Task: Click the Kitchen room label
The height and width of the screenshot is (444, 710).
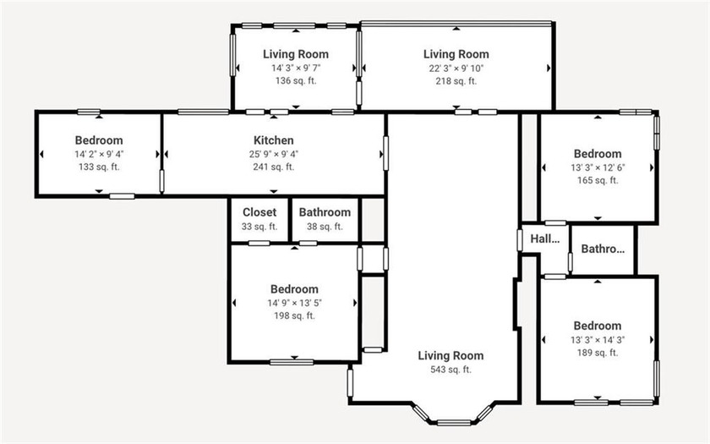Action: coord(274,140)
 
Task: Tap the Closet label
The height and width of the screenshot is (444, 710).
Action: coord(259,212)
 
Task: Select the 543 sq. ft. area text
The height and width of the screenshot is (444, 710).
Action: coord(451,370)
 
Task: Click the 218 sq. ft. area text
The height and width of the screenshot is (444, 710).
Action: coord(456,81)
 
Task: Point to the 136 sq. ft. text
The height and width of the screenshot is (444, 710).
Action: coord(296,81)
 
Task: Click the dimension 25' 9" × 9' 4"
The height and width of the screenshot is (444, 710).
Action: coord(274,154)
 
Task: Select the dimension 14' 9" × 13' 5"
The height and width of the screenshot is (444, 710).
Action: coord(294,303)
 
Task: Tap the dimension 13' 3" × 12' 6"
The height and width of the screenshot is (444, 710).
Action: coord(598,167)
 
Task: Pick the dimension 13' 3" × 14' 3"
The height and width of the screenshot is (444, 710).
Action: coord(598,340)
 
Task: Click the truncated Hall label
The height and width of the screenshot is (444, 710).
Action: coord(544,238)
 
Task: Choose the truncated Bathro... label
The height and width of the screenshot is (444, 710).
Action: coord(603,249)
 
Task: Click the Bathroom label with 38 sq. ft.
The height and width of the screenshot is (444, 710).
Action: coord(325,212)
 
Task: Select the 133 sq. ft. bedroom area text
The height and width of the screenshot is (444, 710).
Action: coord(99,167)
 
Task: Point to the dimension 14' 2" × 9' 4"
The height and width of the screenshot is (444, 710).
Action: coord(99,154)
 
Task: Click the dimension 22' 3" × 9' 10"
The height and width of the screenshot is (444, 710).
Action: coord(456,69)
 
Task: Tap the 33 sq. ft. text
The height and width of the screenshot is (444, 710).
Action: coord(259,227)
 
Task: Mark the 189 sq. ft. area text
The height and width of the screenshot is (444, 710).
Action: coord(598,353)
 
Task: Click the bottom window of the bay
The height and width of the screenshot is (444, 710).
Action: coord(454,423)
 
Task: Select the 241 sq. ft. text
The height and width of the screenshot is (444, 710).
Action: coord(274,167)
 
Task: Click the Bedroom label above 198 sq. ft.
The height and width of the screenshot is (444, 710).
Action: coord(294,289)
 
